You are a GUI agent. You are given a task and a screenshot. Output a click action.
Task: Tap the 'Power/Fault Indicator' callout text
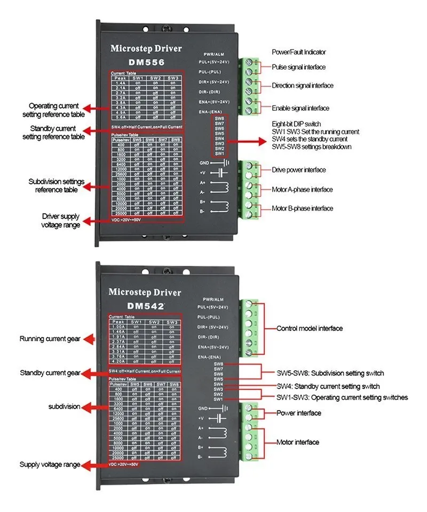point(298,52)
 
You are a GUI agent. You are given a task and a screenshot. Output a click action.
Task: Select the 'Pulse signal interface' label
point(298,67)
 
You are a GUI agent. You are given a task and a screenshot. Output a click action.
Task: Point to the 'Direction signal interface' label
point(303,85)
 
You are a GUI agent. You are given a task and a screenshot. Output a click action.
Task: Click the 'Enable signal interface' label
point(301,108)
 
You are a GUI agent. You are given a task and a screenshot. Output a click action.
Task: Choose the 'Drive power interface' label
point(299,170)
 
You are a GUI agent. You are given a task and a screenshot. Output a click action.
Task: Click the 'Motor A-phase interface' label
point(302,190)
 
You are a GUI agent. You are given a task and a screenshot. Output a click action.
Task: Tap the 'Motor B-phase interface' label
point(302,208)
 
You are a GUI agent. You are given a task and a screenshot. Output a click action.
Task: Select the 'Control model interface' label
point(309,328)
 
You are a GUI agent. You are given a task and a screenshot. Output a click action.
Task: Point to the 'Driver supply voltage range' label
point(61,221)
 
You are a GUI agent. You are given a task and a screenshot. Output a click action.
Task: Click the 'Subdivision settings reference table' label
point(56,186)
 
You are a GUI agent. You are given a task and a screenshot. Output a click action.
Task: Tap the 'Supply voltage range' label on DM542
point(50,465)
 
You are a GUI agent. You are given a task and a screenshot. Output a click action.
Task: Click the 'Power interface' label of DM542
point(298,413)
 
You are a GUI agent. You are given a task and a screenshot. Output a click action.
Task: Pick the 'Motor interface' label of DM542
point(298,442)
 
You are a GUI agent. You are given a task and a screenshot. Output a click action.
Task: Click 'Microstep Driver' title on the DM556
point(146,48)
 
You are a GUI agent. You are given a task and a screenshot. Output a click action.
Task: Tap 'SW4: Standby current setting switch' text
point(328,386)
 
